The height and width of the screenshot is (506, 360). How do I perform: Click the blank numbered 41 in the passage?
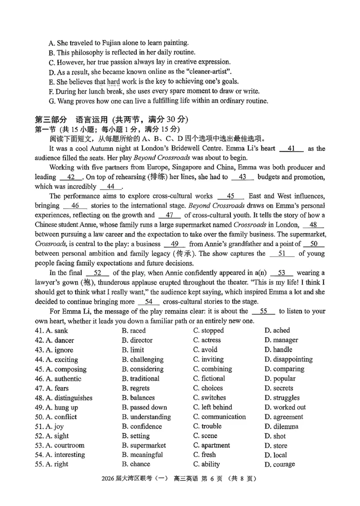click(291, 148)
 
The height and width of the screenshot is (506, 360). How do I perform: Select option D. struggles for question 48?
click(282, 398)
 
